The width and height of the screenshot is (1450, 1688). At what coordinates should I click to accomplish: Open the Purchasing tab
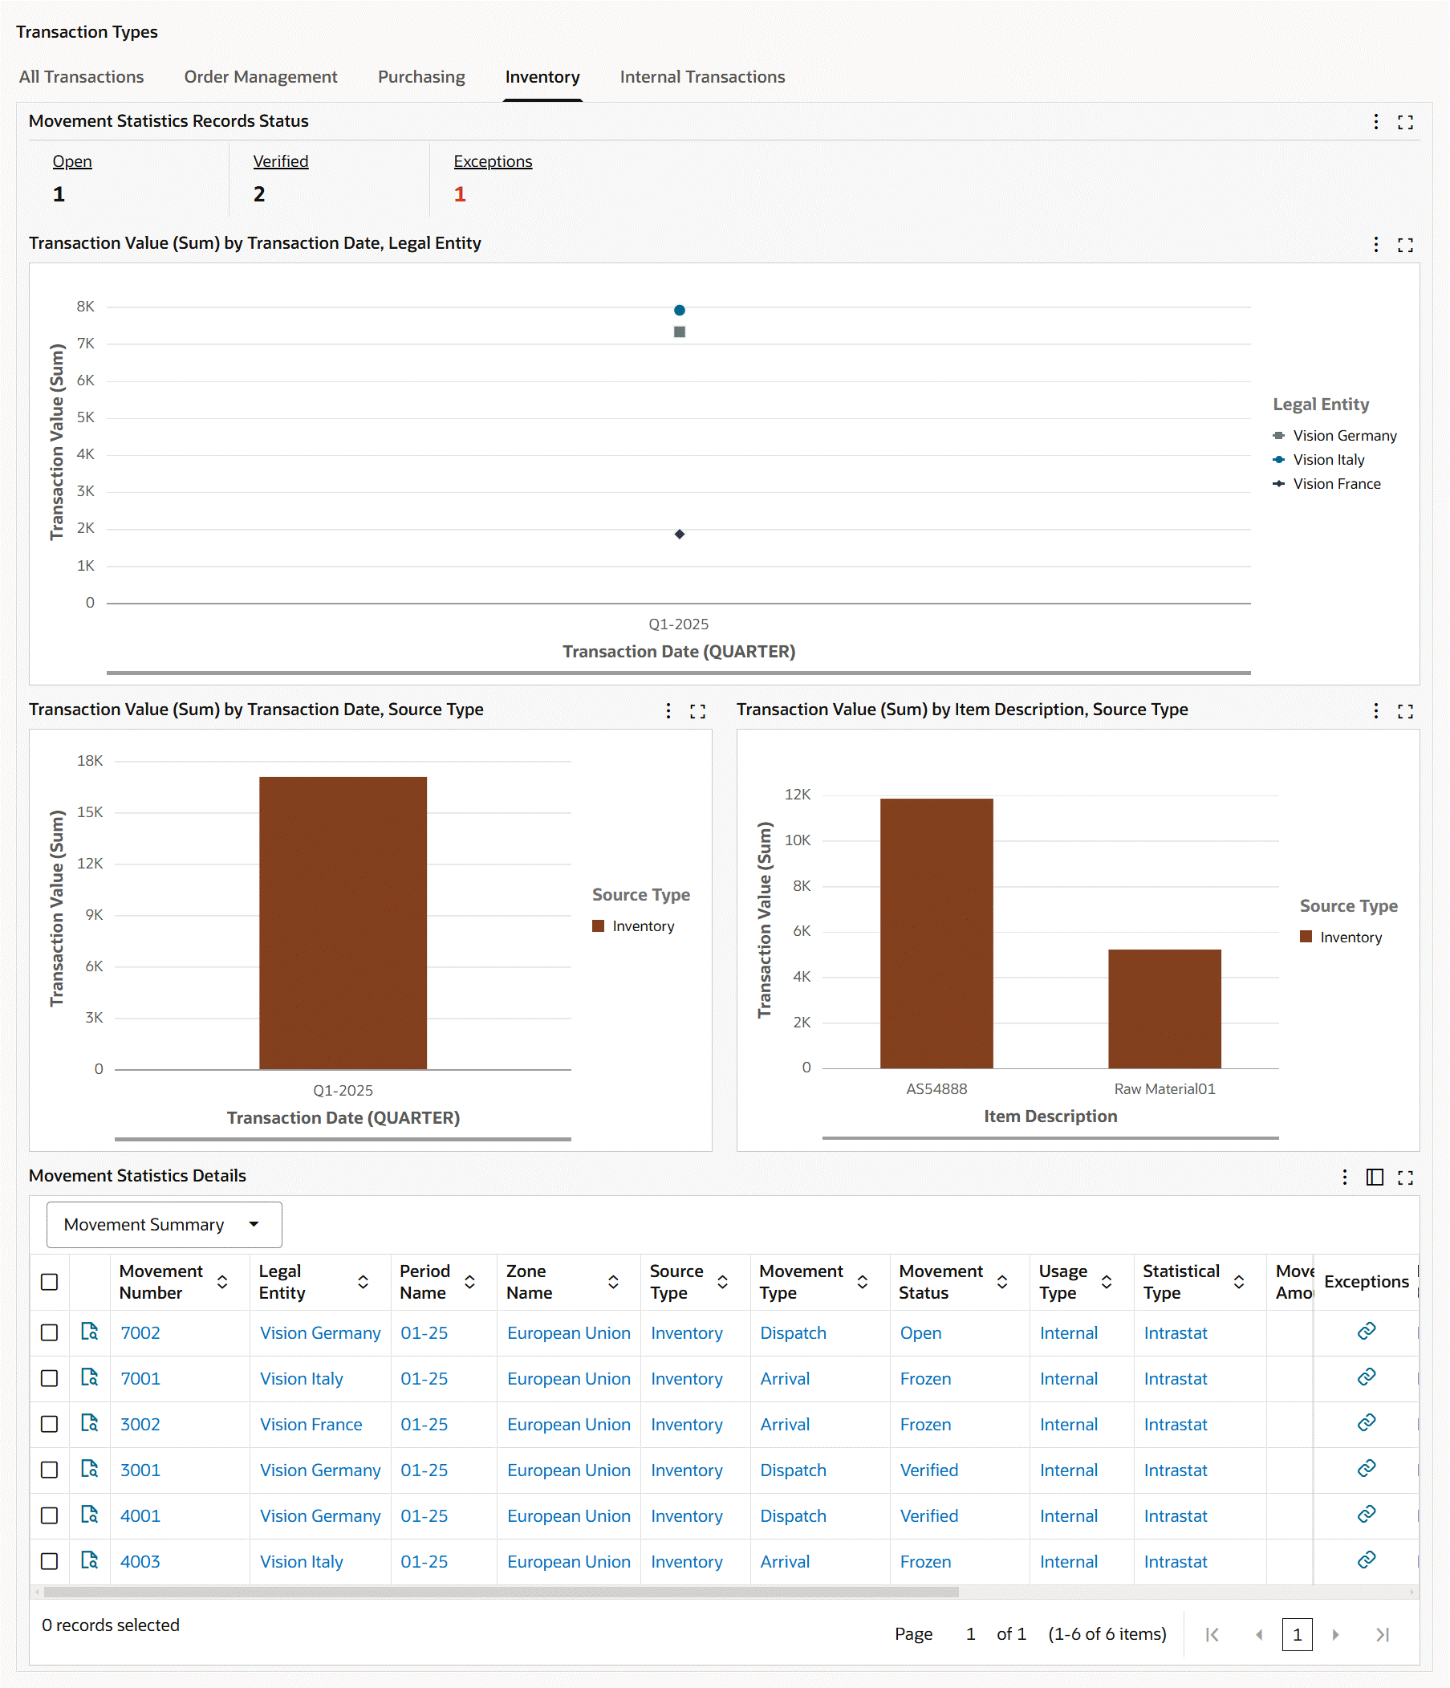[421, 76]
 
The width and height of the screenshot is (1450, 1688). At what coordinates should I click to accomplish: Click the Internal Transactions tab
[701, 76]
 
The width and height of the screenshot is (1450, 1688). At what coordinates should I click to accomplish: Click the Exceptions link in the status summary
[492, 161]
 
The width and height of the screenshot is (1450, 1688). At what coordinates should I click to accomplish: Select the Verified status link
[280, 161]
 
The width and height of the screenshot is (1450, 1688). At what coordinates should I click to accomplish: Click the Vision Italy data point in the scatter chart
[680, 311]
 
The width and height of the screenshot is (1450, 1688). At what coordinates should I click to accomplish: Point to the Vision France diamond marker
[680, 535]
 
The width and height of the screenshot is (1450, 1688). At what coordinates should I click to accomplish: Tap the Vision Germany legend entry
[1343, 436]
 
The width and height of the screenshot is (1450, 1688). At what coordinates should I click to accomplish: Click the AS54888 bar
[936, 933]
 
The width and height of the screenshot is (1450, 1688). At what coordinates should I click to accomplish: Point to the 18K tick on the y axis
[90, 761]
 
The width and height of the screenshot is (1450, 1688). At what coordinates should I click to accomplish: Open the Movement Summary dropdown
[164, 1224]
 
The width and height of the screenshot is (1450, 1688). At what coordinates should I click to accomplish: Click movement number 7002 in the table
[140, 1332]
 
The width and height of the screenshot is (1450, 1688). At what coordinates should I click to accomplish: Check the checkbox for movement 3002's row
[50, 1424]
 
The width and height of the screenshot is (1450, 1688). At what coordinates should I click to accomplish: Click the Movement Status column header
[941, 1282]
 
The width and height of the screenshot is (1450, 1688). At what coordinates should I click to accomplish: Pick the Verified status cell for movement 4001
[928, 1515]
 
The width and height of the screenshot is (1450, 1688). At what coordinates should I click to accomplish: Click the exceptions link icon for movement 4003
[1366, 1560]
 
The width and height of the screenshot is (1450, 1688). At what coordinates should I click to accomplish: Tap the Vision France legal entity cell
[311, 1424]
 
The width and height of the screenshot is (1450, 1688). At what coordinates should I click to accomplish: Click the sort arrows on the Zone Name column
[613, 1282]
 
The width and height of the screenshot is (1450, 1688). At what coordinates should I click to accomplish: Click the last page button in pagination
[1382, 1634]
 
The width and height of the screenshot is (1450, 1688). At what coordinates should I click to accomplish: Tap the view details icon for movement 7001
[90, 1377]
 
